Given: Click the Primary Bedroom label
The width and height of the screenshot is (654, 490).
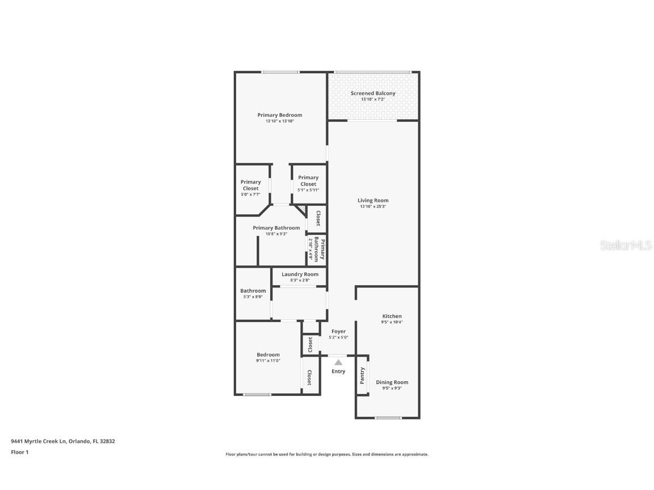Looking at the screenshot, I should (x=279, y=115).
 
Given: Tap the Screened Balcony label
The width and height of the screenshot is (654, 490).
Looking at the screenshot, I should (x=373, y=94).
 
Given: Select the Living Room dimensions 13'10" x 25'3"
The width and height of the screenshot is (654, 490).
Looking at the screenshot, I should (x=374, y=207).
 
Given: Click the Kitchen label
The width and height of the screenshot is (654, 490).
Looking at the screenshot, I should (x=392, y=316).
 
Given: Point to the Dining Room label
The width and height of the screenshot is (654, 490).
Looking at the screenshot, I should (x=392, y=382).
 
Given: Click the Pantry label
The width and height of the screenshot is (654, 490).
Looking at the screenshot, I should (x=362, y=375).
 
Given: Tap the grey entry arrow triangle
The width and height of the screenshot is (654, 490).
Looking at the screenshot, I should (x=338, y=362).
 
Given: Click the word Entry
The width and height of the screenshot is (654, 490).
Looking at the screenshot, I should (x=338, y=371).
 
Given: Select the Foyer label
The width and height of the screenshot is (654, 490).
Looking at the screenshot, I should (x=338, y=332).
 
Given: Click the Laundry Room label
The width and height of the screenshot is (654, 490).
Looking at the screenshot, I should (x=300, y=274).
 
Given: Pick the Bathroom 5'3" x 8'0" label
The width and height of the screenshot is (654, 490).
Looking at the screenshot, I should (x=253, y=293).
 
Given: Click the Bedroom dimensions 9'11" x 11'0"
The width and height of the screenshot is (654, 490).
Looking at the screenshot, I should (x=268, y=361).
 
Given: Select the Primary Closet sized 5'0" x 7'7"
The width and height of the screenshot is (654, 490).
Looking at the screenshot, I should (x=250, y=188).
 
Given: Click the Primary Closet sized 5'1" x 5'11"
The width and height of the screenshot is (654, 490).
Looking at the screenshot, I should (x=308, y=183).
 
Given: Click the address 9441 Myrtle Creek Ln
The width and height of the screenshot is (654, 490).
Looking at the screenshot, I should (x=62, y=441).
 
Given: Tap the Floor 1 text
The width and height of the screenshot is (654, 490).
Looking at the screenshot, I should (x=19, y=452).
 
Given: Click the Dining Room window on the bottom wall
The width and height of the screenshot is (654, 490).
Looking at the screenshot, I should (x=388, y=418).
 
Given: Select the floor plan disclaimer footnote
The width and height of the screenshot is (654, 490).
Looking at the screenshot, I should (x=327, y=454).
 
